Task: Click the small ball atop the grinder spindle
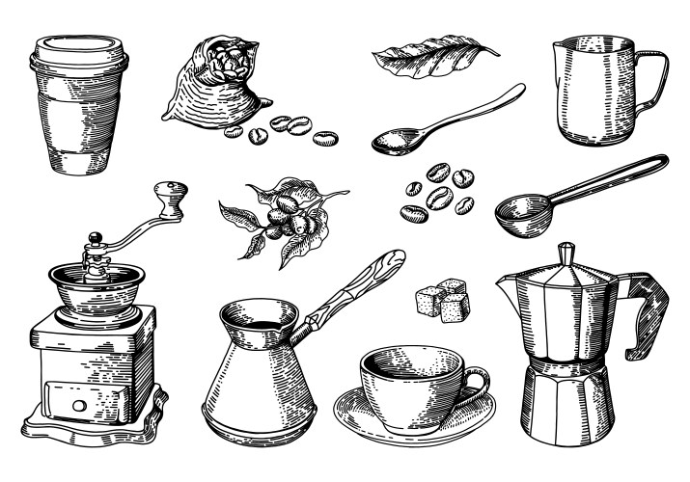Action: tap(95, 237)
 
